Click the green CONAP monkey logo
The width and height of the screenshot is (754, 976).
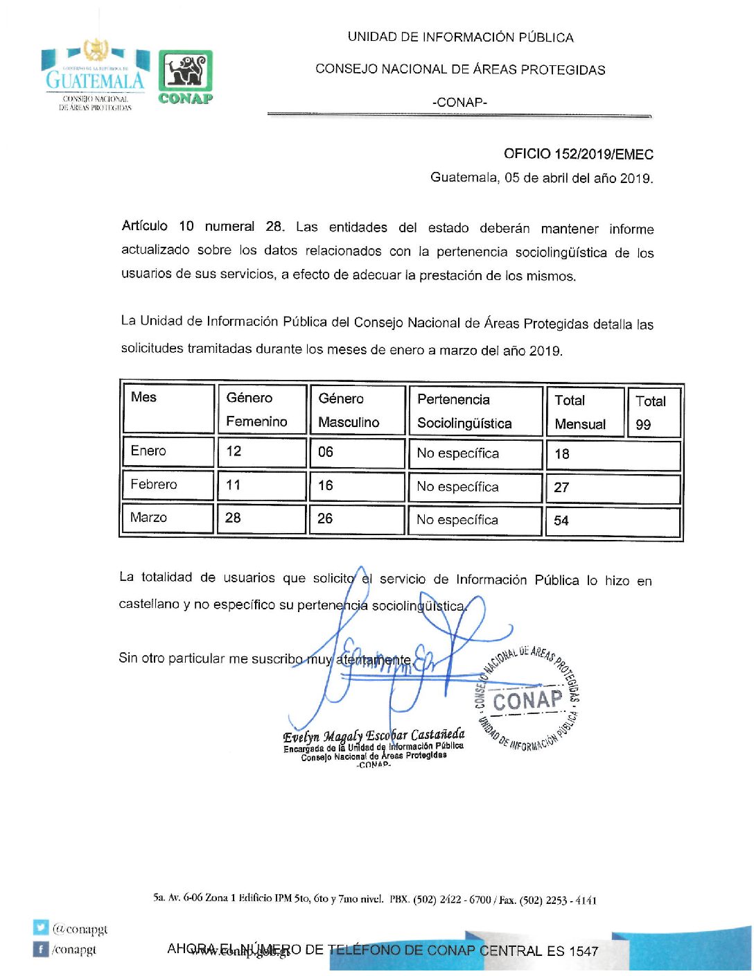click(x=185, y=76)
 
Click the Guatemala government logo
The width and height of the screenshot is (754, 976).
click(x=95, y=75)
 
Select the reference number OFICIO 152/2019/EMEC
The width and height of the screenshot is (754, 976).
click(x=578, y=154)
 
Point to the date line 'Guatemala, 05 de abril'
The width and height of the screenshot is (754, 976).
click(x=541, y=177)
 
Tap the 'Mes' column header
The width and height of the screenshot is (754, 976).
click(x=144, y=397)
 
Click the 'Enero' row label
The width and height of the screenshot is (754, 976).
click(x=148, y=451)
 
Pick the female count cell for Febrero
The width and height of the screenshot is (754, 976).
click(x=234, y=485)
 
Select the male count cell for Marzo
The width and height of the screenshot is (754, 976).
click(x=325, y=518)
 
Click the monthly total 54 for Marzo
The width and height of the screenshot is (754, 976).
click(x=561, y=521)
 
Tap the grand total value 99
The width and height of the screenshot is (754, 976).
click(x=643, y=424)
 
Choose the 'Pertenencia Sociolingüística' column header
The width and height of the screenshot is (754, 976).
click(x=464, y=411)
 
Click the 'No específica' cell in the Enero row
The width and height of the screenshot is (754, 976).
click(x=457, y=453)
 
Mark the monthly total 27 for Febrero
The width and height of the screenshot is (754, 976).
click(x=561, y=487)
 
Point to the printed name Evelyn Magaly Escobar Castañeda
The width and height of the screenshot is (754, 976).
click(x=374, y=735)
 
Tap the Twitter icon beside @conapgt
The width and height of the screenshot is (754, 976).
click(x=41, y=927)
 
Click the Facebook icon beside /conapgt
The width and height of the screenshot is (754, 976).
click(x=41, y=949)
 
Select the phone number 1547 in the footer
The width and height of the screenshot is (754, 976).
click(x=583, y=951)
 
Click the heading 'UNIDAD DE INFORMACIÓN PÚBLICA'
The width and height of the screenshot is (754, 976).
click(x=460, y=37)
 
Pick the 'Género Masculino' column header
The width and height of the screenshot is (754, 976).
click(x=349, y=410)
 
